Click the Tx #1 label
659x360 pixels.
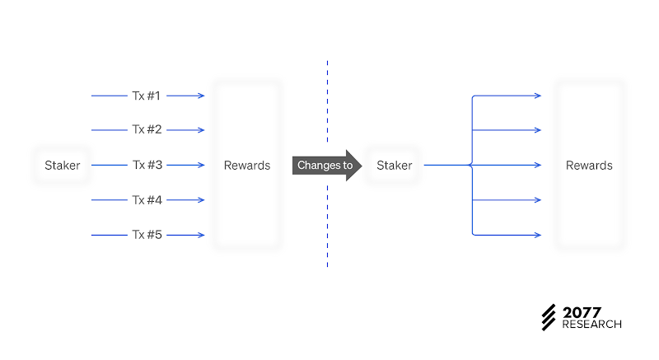147,96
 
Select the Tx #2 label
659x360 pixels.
147,129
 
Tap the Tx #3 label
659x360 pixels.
147,165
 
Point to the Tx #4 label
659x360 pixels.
147,200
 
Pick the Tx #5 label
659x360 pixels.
147,235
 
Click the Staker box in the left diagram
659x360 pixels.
63,165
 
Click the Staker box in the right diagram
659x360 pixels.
395,165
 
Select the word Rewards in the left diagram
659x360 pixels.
247,166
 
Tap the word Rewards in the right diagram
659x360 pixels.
589,166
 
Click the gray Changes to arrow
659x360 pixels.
327,165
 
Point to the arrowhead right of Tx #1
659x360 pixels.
202,96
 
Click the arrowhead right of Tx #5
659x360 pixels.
202,235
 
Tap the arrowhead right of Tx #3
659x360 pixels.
202,165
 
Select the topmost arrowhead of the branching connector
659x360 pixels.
538,96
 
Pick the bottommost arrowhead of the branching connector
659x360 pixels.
538,235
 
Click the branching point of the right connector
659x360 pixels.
471,165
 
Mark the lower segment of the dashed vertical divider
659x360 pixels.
327,226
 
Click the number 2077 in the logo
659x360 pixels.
582,312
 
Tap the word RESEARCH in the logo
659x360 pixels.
591,325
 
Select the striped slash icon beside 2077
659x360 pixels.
549,317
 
